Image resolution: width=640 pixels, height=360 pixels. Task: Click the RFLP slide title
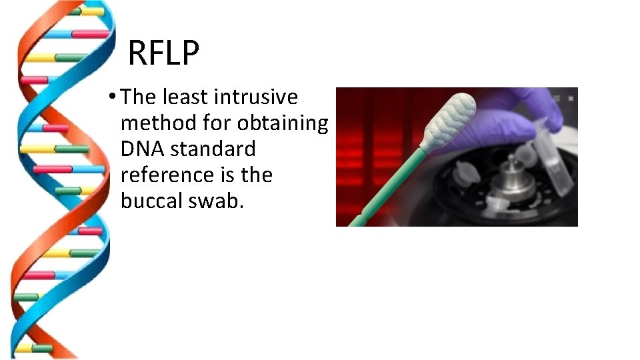coord(163,53)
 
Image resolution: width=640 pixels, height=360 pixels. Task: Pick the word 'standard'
coord(213,149)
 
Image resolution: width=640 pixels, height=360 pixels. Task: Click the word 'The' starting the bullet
coord(139,97)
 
